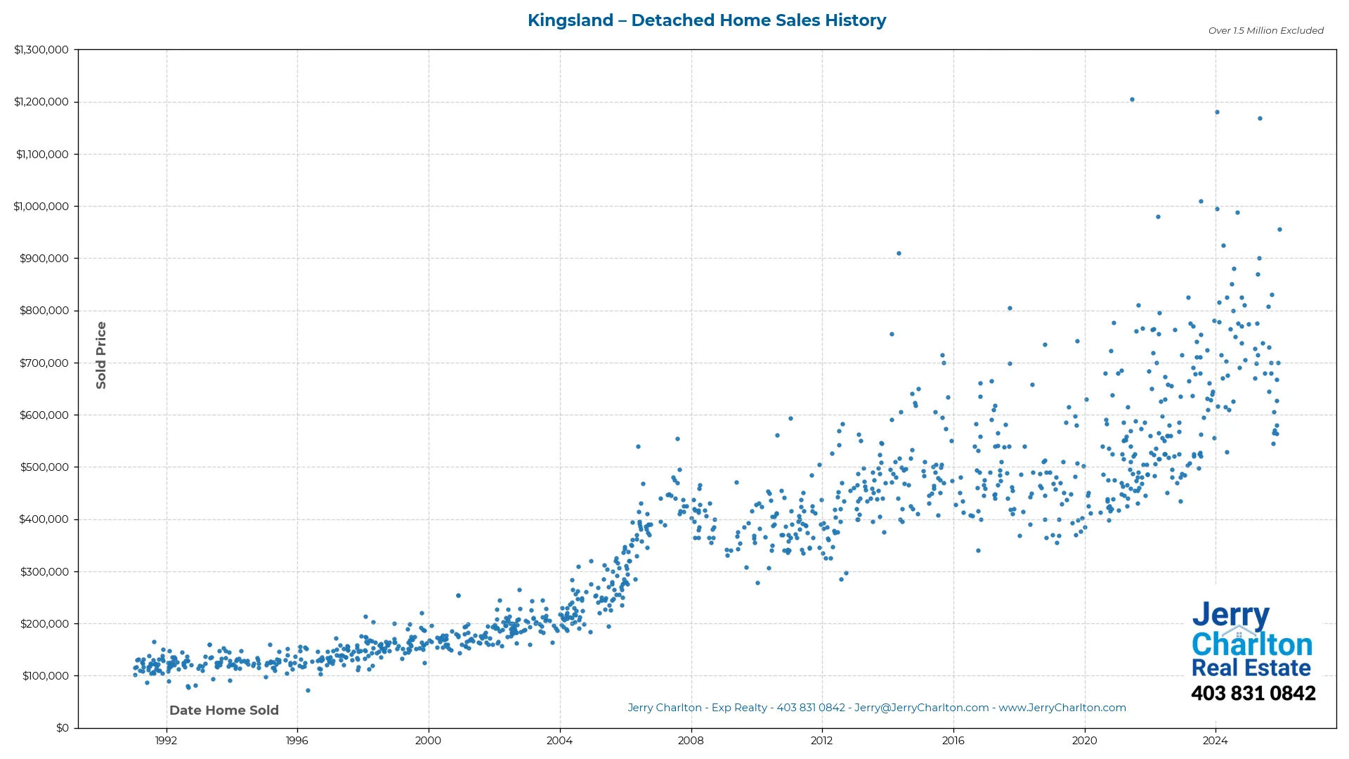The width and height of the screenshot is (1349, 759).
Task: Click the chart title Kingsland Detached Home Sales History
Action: pos(706,20)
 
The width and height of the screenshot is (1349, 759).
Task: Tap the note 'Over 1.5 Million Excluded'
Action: pos(1265,31)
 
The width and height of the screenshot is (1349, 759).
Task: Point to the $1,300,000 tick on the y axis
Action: pos(41,50)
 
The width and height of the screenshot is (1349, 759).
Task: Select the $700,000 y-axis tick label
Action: pos(44,363)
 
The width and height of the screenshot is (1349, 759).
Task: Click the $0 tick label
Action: pos(63,728)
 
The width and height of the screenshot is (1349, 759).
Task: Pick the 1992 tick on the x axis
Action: pos(166,741)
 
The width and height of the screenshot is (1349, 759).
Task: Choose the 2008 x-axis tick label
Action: pos(691,741)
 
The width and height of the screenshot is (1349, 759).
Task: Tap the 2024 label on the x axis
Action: pos(1216,741)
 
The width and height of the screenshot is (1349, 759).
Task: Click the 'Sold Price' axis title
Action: pos(101,355)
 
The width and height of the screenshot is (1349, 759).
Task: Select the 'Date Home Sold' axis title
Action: pos(224,711)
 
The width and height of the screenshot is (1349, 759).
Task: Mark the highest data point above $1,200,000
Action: pos(1132,100)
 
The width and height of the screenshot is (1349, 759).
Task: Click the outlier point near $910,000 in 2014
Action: pos(899,254)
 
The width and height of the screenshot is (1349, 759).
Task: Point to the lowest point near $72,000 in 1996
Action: pos(308,691)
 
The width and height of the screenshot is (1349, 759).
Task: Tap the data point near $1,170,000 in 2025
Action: pos(1260,119)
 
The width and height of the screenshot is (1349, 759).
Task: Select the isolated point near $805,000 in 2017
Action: pos(1010,309)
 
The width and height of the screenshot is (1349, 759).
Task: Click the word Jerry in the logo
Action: pos(1230,615)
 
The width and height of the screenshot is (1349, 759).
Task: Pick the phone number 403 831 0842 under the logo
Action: pos(1253,694)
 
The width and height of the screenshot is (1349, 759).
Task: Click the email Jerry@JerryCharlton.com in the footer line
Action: pos(921,708)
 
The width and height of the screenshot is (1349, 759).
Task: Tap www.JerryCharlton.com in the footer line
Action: pos(1062,708)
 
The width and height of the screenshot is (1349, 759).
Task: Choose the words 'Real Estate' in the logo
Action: pos(1251,668)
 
